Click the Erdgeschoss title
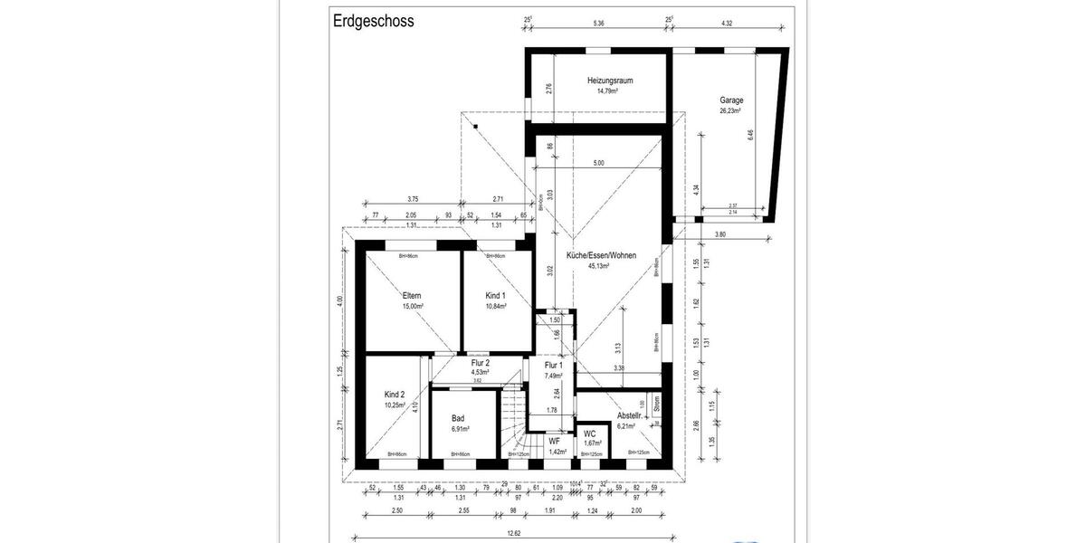pyautogui.click(x=373, y=21)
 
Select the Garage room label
pyautogui.click(x=731, y=100)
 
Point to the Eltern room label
pyautogui.click(x=413, y=296)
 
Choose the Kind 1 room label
pyautogui.click(x=495, y=296)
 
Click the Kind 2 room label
pyautogui.click(x=395, y=395)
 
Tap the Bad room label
pyautogui.click(x=458, y=418)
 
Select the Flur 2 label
pyautogui.click(x=480, y=363)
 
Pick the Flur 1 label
pyautogui.click(x=553, y=365)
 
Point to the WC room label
pyautogui.click(x=589, y=433)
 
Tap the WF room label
pyautogui.click(x=555, y=441)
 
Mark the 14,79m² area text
pyautogui.click(x=606, y=90)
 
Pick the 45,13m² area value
pyautogui.click(x=598, y=267)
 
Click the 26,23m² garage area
pyautogui.click(x=730, y=110)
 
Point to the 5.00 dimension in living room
pyautogui.click(x=598, y=163)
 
